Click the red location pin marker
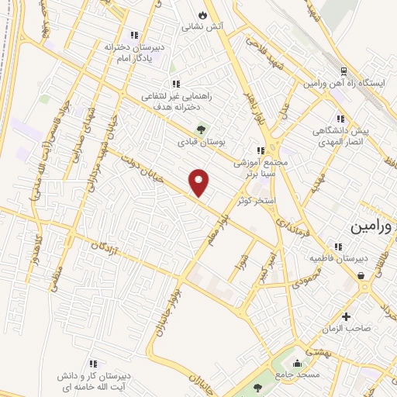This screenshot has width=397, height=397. (200, 182)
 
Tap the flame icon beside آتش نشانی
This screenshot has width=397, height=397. (203, 14)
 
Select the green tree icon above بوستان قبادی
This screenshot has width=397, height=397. (202, 129)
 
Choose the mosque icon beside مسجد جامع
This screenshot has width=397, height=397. (295, 362)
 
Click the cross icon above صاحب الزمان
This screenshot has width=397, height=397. (346, 316)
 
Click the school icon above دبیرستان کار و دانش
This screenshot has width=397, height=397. (92, 363)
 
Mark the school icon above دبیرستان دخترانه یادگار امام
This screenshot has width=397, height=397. (134, 33)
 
